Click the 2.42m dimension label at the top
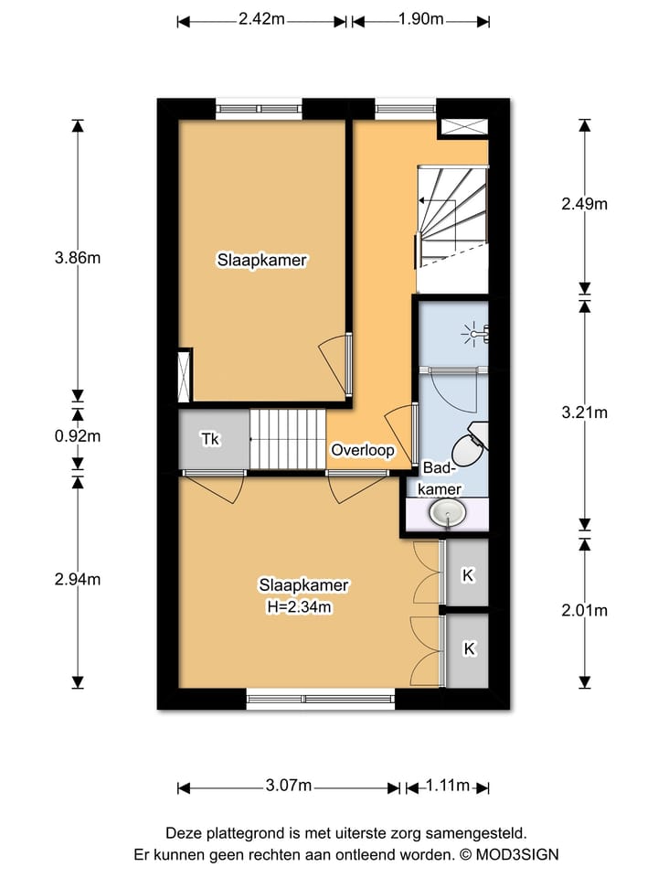point(260,19)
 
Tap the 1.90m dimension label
point(421,19)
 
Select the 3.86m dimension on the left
point(78,258)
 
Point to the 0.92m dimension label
point(78,435)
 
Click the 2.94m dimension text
point(78,579)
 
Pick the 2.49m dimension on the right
point(584,204)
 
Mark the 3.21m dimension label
point(584,412)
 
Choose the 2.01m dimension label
point(584,611)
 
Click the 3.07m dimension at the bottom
point(290,787)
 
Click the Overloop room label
point(363,451)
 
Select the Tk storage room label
point(210,439)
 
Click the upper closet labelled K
point(468,575)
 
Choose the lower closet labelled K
point(469,648)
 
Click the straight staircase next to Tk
point(288,439)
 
